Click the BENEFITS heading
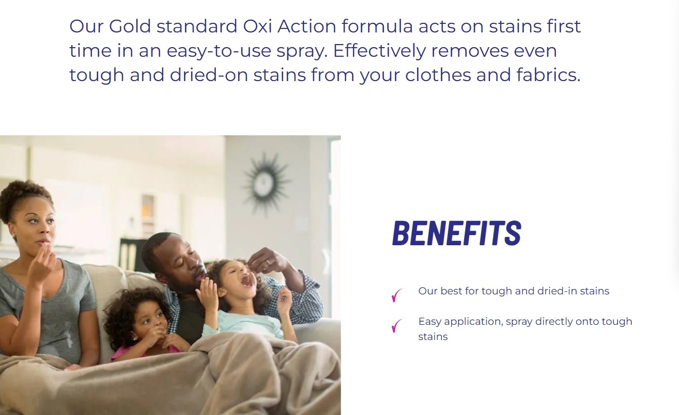pos(457,233)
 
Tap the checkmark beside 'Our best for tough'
pos(397,295)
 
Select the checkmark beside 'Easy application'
pos(397,326)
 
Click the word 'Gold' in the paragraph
pos(130,26)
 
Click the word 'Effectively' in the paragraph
pos(380,51)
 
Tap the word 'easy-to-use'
pos(219,51)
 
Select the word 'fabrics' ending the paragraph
pos(548,75)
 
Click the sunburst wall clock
pos(265,182)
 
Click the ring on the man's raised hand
pos(268,262)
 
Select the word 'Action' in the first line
pos(307,26)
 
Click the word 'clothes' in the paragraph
pos(438,75)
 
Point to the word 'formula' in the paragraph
pos(378,26)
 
